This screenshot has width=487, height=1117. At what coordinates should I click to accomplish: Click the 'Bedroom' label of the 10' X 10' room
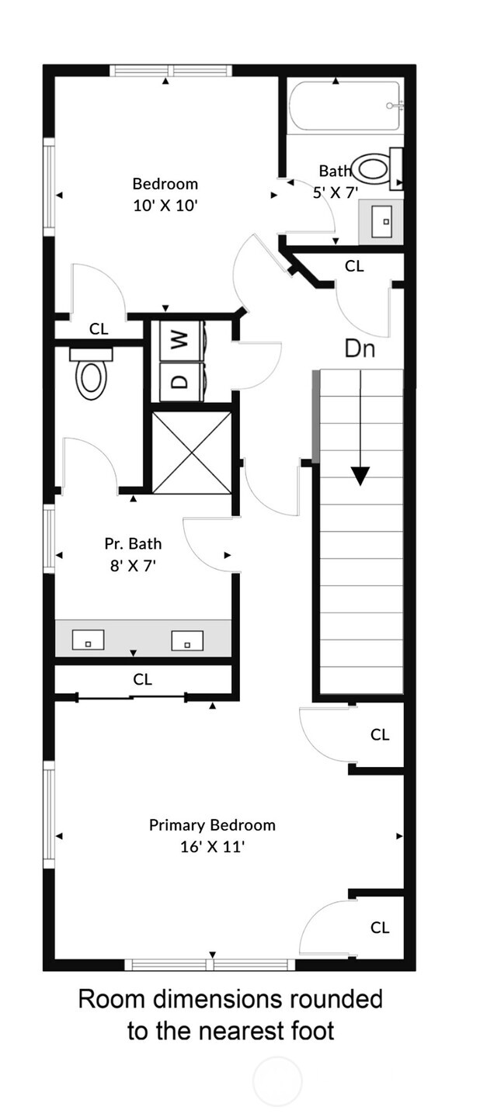coord(165,184)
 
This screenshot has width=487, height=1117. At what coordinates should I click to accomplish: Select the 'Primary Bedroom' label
coord(212,825)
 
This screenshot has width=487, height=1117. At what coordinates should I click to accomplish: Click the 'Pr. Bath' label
coord(133,544)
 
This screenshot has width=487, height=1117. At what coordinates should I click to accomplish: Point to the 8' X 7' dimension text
coord(133,566)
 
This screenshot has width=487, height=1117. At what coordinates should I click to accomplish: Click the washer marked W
coord(180,340)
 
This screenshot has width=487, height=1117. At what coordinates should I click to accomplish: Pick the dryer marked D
coord(180,381)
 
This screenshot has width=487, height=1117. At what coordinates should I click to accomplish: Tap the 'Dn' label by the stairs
coord(360,349)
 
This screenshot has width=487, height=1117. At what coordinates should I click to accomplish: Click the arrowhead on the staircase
coord(360,475)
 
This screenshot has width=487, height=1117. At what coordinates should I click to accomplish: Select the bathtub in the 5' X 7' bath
coord(345,106)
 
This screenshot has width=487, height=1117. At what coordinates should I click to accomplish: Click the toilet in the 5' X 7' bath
coord(373,168)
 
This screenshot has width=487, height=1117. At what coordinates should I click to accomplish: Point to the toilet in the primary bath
coord(91,377)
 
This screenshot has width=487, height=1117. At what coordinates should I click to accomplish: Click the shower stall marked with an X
coord(192,453)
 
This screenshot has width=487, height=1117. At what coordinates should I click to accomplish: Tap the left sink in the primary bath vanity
coord(89,640)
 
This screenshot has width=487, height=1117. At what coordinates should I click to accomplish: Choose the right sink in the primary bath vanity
coord(187,640)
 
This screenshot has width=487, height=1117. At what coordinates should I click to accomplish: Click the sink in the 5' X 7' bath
coord(381,221)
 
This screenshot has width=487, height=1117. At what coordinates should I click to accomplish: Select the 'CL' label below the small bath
coord(354,266)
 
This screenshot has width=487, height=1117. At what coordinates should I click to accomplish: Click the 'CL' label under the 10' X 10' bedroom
coord(99,329)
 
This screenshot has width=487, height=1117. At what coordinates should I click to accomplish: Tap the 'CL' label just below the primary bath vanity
coord(142,680)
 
